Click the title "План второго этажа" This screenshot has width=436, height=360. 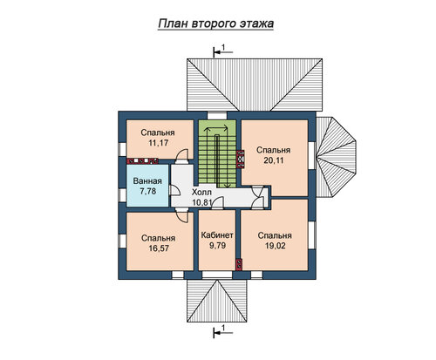click(215, 24)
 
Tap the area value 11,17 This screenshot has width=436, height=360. click(158, 143)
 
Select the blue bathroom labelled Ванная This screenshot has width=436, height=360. click(147, 186)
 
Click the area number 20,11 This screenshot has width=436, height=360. click(273, 160)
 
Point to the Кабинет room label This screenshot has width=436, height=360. click(217, 234)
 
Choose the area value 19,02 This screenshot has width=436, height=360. click(275, 246)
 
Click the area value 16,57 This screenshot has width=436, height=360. click(159, 248)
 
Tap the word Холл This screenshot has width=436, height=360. click(201, 193)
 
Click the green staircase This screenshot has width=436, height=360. click(217, 153)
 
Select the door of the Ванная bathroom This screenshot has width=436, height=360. click(174, 190)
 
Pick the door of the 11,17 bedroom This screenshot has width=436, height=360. click(182, 155)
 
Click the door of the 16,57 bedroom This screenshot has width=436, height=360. click(182, 215)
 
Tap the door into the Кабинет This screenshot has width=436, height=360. click(217, 203)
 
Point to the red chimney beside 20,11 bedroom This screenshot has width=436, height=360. click(241, 159)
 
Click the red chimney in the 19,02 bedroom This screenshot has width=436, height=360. click(239, 264)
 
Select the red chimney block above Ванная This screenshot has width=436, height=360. click(142, 161)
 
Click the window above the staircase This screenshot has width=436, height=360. click(217, 116)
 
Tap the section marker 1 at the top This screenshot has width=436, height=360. click(223, 51)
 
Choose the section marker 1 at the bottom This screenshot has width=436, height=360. click(223, 331)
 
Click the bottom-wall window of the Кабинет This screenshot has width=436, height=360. click(217, 275)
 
